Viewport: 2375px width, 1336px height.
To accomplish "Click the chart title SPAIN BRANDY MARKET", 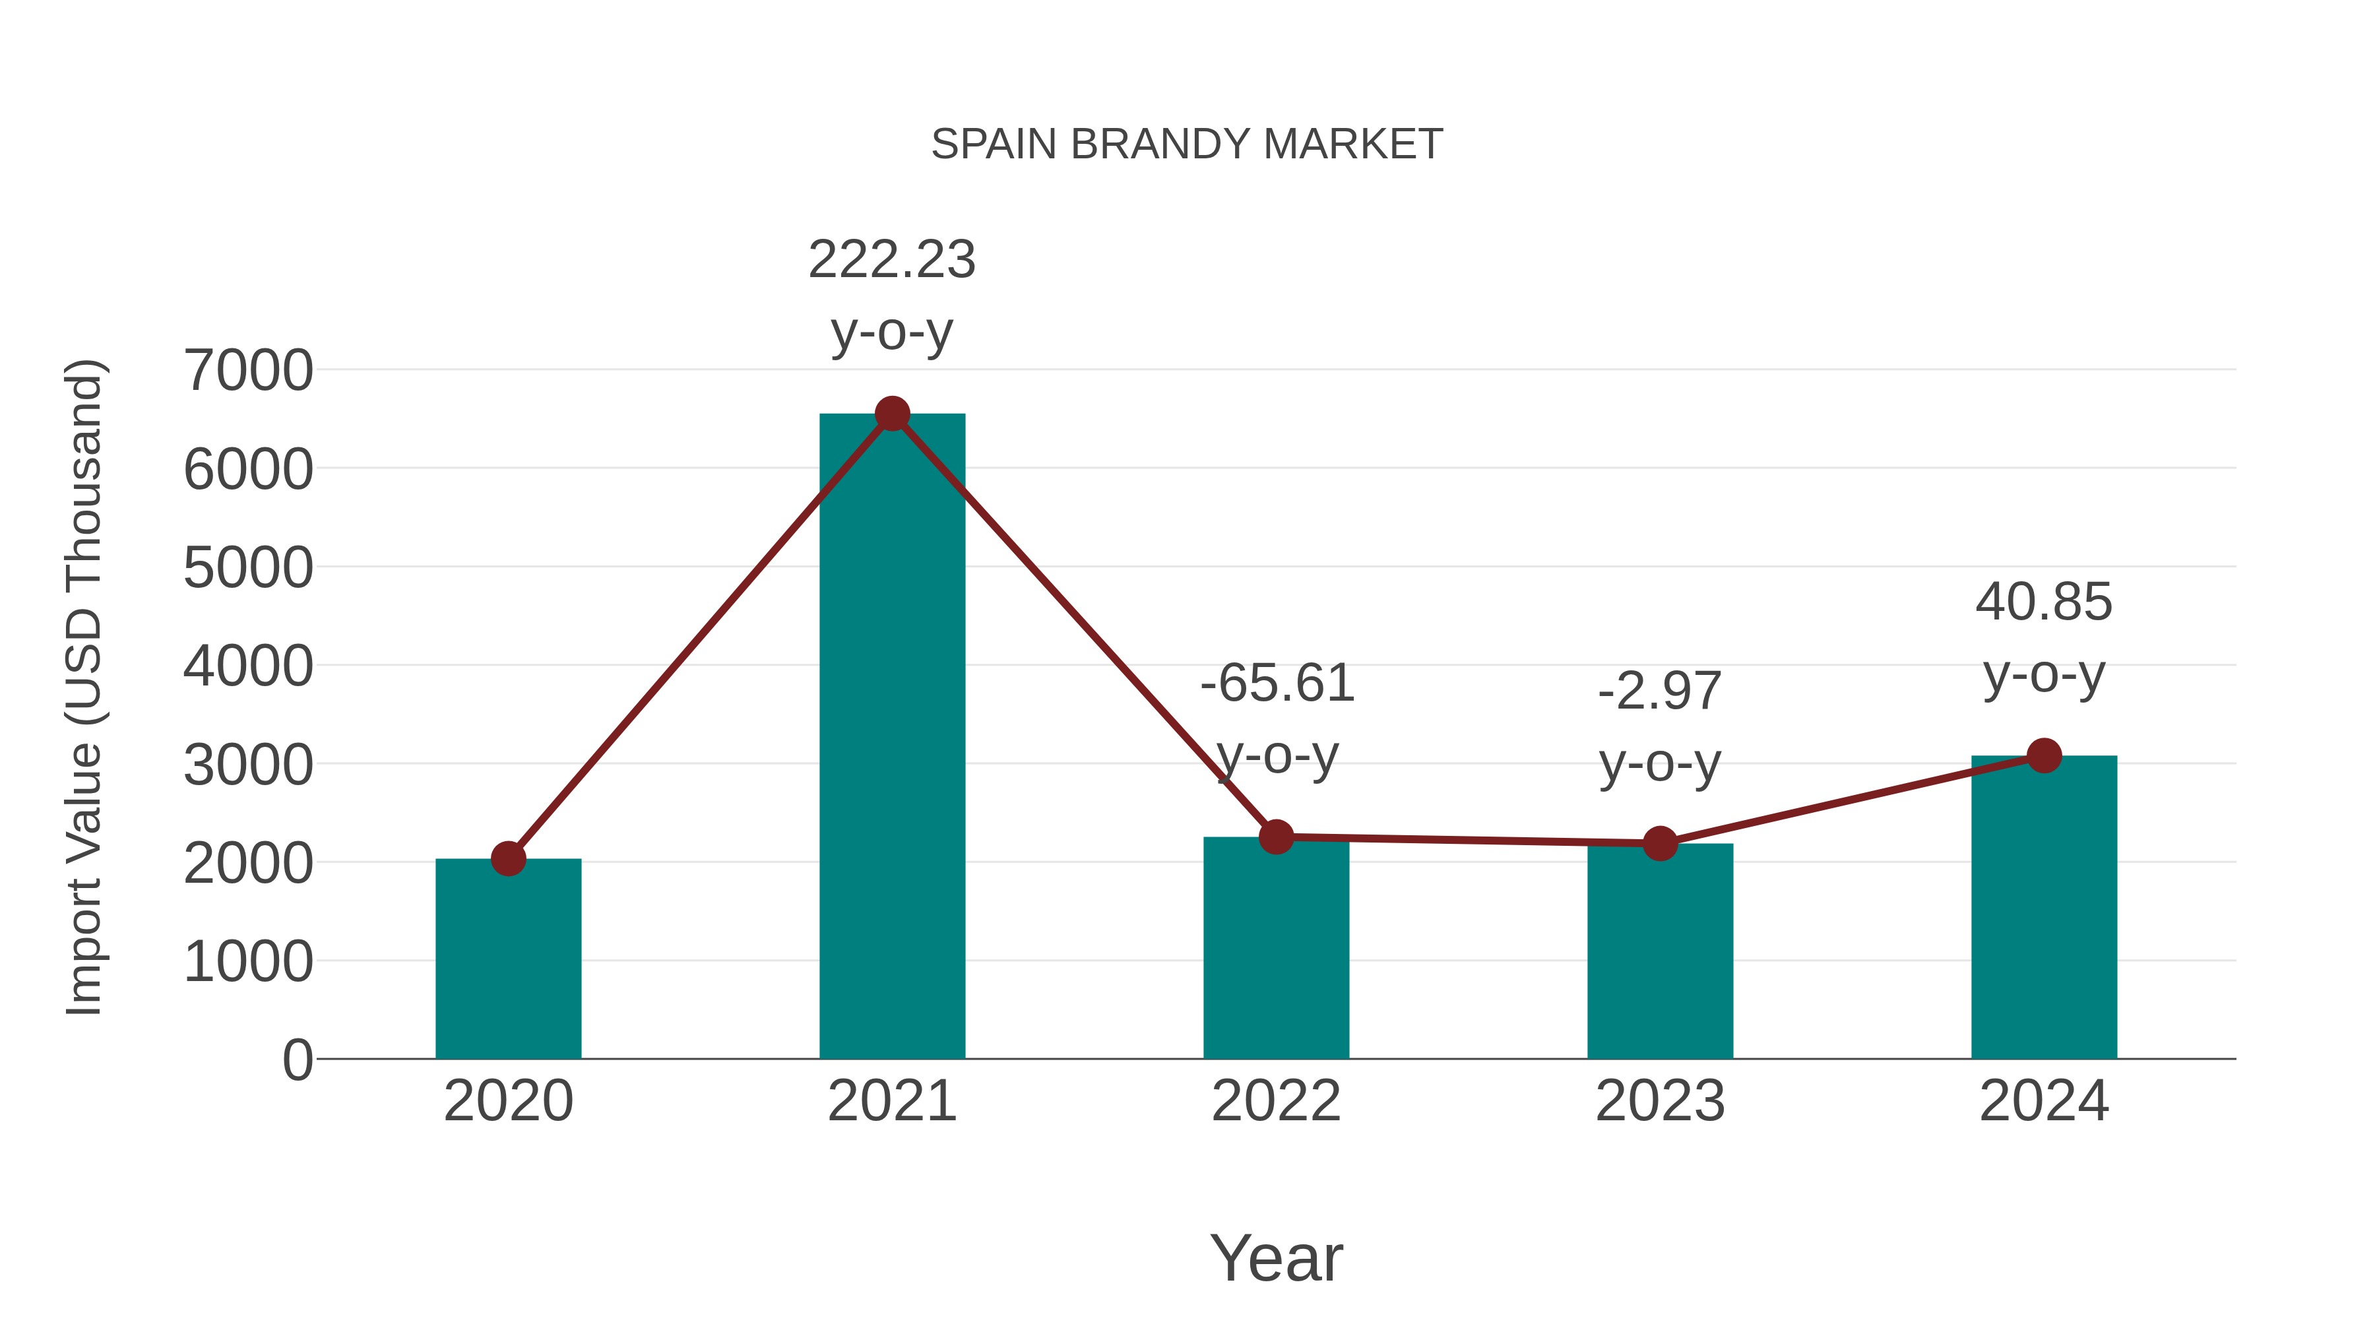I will point(1187,144).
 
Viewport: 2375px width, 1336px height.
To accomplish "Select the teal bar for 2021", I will point(891,738).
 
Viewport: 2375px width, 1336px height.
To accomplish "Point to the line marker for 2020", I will point(508,858).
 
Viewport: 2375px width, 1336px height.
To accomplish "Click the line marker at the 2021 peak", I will point(891,414).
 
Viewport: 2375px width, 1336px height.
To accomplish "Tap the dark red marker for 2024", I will point(2044,756).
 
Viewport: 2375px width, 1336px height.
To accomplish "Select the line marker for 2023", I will point(1660,843).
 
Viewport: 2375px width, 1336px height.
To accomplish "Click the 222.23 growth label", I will point(891,260).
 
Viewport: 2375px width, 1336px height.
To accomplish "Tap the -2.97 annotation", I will point(1660,691).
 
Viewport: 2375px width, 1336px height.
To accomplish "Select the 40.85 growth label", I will point(2043,603).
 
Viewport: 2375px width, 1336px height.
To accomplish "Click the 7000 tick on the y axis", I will point(248,371).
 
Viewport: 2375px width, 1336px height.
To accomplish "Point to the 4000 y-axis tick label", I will point(248,666).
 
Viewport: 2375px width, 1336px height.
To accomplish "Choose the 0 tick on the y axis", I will point(297,1060).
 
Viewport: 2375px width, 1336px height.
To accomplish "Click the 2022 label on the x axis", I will point(1276,1101).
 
